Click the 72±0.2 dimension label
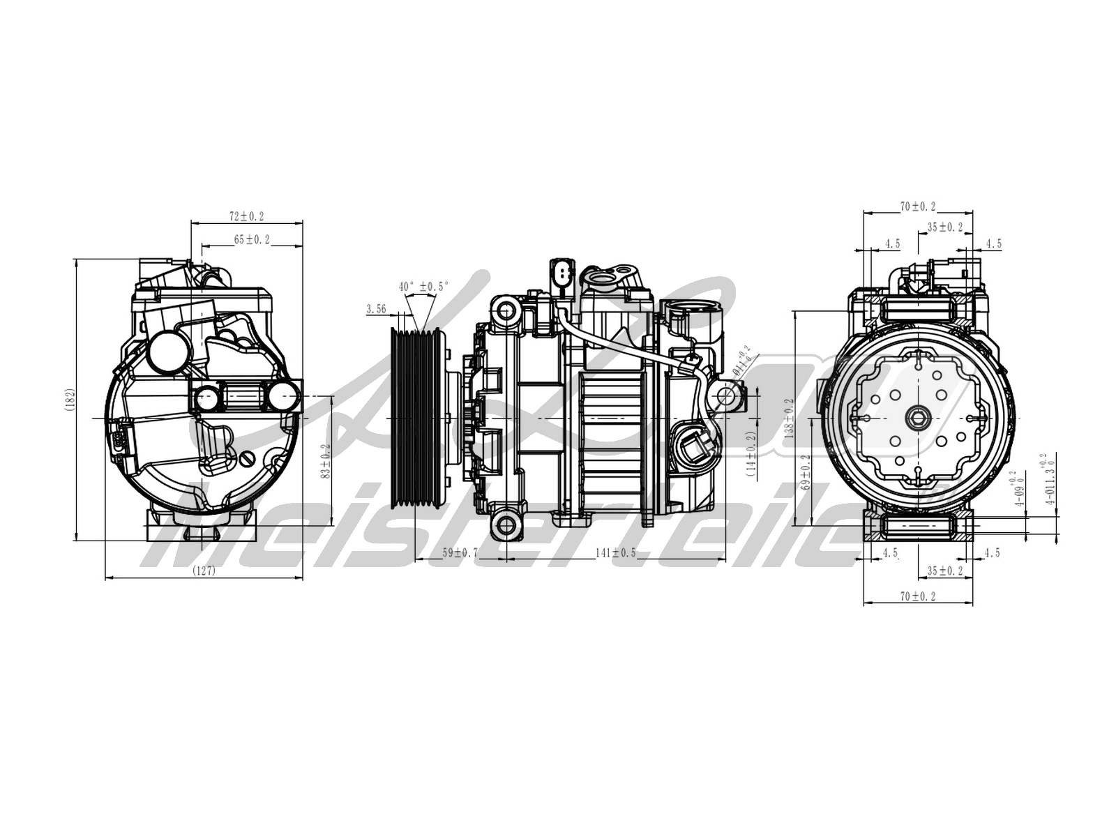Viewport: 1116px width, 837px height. pyautogui.click(x=247, y=216)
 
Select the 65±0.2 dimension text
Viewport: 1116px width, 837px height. pyautogui.click(x=252, y=240)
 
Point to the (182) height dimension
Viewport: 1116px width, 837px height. pyautogui.click(x=70, y=399)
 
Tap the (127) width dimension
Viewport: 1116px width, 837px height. pyautogui.click(x=204, y=570)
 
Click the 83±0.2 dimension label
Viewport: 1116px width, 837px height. pyautogui.click(x=326, y=462)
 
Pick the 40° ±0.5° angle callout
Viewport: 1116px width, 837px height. pyautogui.click(x=423, y=287)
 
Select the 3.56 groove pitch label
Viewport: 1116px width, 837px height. pyautogui.click(x=376, y=309)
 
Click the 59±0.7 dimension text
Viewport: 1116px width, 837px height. pyautogui.click(x=460, y=553)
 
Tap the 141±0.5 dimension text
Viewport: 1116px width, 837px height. pyautogui.click(x=615, y=553)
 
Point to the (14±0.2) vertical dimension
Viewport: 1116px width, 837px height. pyautogui.click(x=751, y=453)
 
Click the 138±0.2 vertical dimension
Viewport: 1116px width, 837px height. pyautogui.click(x=790, y=416)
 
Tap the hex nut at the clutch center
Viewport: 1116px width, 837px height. pyautogui.click(x=918, y=418)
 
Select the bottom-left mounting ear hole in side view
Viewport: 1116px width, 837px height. pyautogui.click(x=504, y=525)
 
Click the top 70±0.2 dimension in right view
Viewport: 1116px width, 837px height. pyautogui.click(x=917, y=206)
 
